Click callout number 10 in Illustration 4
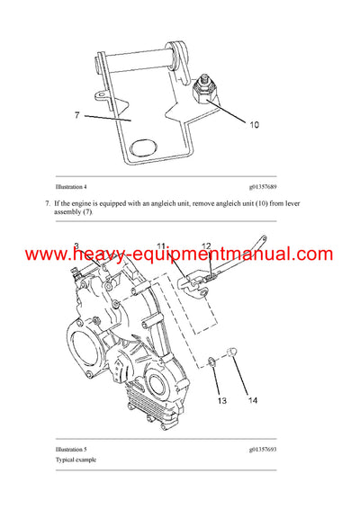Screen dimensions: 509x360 coord(255,125)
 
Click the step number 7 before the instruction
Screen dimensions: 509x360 coord(47,205)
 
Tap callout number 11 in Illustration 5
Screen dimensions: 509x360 coord(162,246)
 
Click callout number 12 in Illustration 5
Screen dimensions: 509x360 coord(206,246)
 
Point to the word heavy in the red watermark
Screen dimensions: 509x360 coord(101,255)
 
